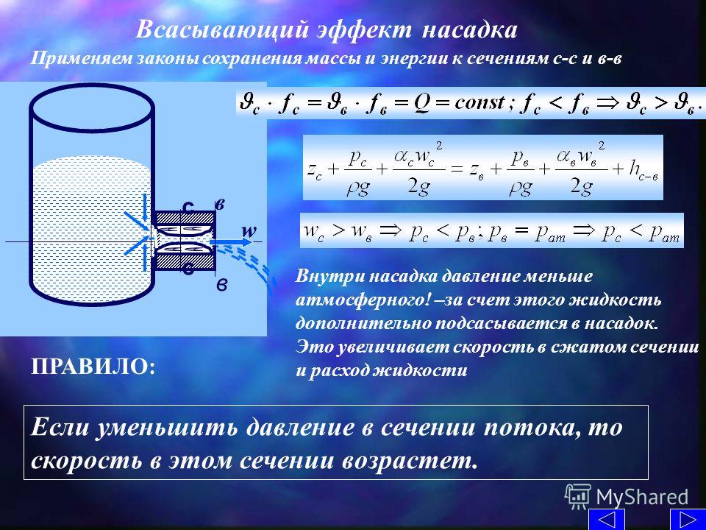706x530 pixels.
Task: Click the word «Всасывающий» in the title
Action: click(x=222, y=30)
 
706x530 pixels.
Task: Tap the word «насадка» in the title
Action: click(x=470, y=30)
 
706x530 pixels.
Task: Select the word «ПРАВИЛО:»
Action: click(x=93, y=367)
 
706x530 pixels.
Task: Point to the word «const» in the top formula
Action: click(x=481, y=103)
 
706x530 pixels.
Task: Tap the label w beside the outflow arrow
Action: click(x=249, y=230)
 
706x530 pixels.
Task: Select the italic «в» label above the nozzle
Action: click(x=220, y=204)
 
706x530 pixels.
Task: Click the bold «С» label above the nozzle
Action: click(x=188, y=206)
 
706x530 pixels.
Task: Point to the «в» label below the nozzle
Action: click(x=221, y=286)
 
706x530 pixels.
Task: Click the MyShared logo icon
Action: click(x=578, y=497)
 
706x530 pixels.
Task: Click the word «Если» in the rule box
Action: click(x=60, y=426)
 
